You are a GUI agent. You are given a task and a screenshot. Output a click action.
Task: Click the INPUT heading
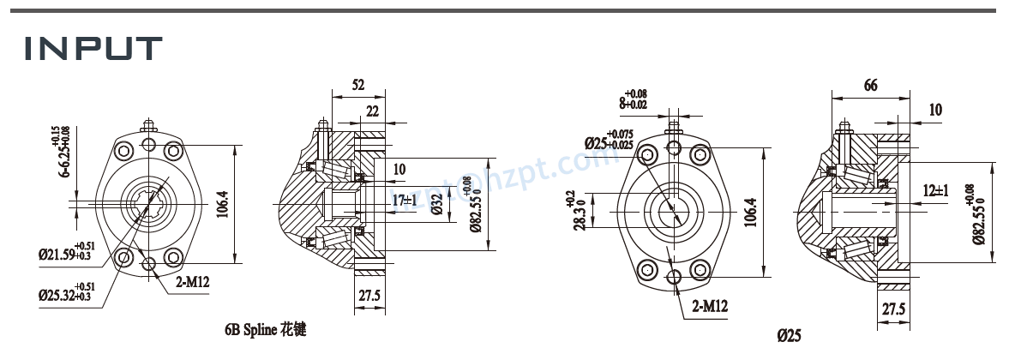pyautogui.click(x=93, y=48)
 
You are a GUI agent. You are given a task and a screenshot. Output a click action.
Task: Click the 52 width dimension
pyautogui.click(x=357, y=85)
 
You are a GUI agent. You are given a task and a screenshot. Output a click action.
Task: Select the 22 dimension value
pyautogui.click(x=372, y=111)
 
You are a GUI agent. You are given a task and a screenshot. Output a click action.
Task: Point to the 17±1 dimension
pyautogui.click(x=404, y=200)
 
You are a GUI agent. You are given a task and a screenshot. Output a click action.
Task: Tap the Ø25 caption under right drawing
pyautogui.click(x=789, y=335)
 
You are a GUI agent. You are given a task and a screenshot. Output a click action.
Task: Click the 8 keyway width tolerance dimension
pyautogui.click(x=634, y=100)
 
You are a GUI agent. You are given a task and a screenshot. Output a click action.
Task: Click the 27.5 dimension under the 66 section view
pyautogui.click(x=892, y=309)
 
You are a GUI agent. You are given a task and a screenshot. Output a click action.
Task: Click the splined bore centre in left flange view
pyautogui.click(x=150, y=207)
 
